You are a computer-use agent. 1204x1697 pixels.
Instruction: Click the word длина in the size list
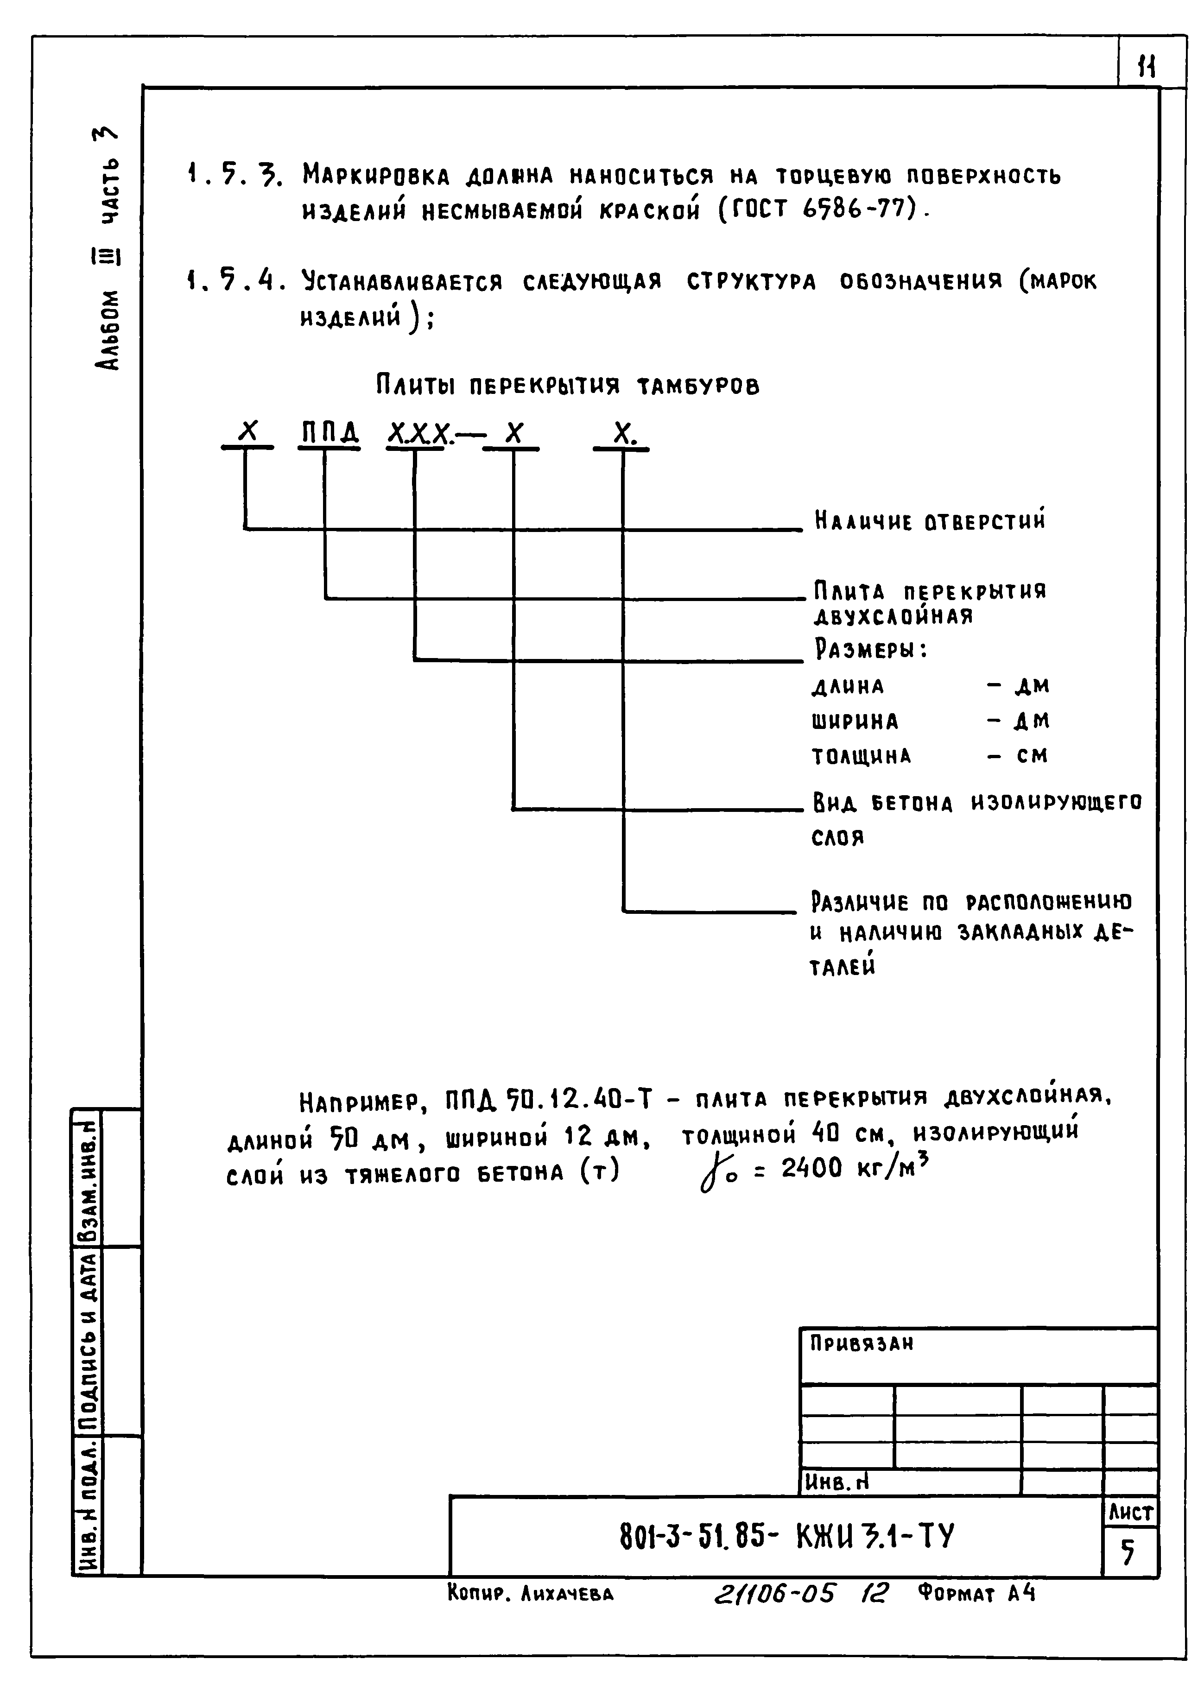[848, 686]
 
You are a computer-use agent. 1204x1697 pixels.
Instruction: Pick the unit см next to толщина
[1032, 755]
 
